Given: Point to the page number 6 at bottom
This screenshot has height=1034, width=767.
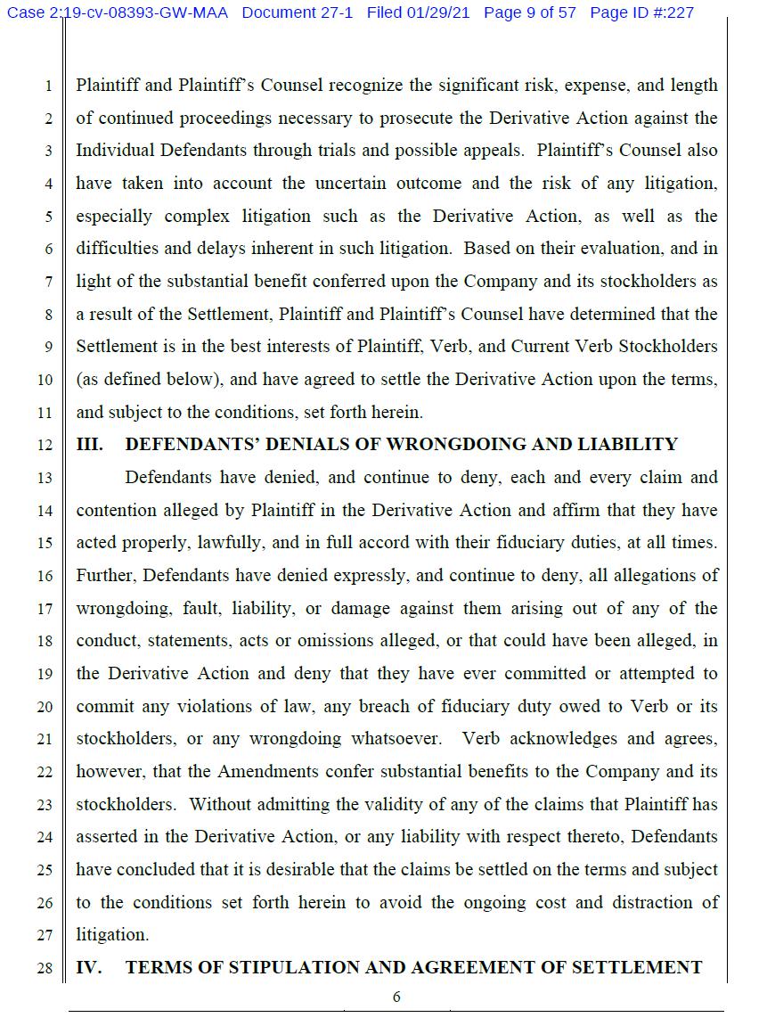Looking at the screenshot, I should point(396,997).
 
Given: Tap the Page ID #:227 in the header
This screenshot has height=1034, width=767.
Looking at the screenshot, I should point(641,12).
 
